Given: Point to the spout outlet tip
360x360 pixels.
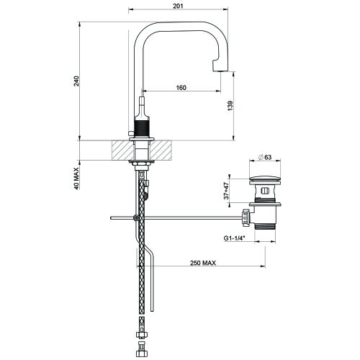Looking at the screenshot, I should click(219, 67).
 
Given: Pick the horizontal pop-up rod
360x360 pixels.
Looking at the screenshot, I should click(187, 216).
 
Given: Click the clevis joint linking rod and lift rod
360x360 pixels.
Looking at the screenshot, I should click(137, 217).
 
